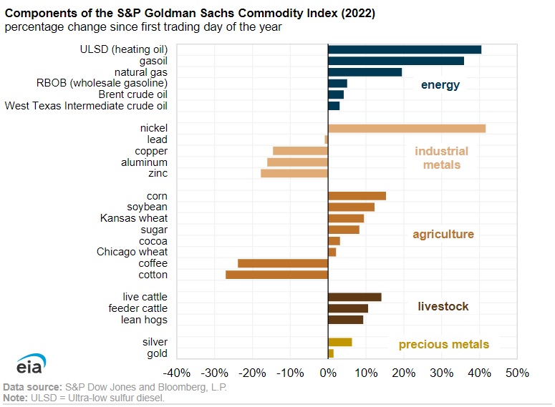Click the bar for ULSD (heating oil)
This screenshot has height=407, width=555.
[405, 49]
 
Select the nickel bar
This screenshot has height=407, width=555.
[407, 128]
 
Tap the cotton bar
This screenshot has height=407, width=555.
[276, 275]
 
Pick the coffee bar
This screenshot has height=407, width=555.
[283, 263]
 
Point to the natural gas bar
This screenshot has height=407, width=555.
[365, 72]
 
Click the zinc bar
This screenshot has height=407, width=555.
[294, 173]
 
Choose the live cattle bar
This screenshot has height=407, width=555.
[354, 297]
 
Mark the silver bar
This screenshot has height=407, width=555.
[340, 342]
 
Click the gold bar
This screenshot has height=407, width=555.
[331, 353]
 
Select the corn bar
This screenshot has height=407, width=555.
[357, 196]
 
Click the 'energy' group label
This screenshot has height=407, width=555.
[440, 85]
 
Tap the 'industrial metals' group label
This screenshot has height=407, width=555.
[441, 158]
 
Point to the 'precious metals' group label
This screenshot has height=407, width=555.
[444, 345]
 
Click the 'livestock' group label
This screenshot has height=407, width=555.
[443, 307]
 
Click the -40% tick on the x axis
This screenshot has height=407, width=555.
[176, 373]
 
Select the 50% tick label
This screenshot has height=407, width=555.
[517, 373]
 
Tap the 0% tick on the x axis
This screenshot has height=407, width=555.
[328, 373]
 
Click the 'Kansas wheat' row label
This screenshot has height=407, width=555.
[134, 218]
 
